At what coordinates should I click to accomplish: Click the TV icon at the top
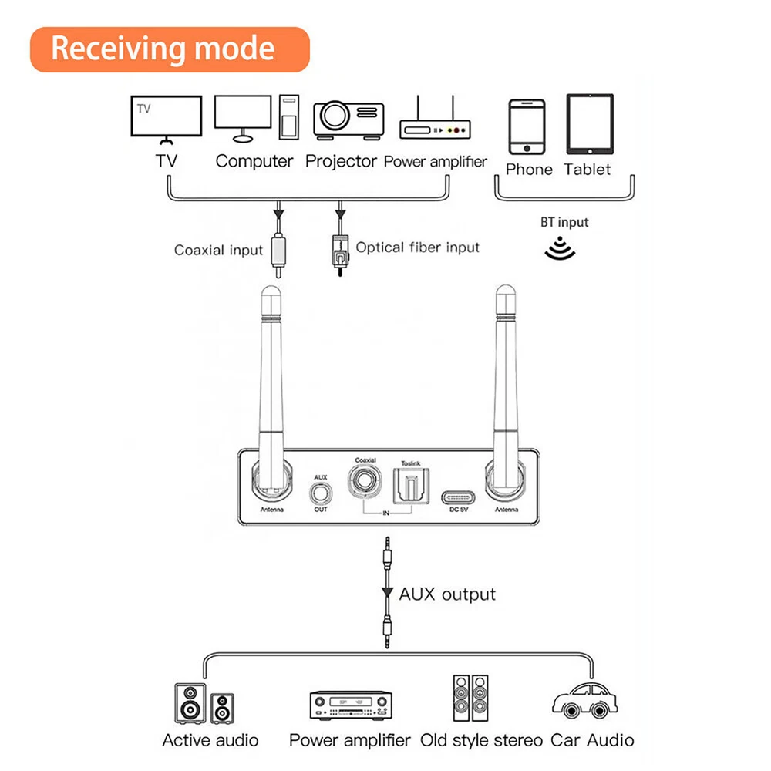(167, 120)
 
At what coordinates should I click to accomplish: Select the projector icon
(348, 119)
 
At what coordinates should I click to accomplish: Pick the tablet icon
(590, 123)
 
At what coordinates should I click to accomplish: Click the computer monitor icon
(243, 118)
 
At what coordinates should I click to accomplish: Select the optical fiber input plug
(337, 248)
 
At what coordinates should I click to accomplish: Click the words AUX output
(447, 594)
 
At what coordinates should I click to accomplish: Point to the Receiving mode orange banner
(170, 49)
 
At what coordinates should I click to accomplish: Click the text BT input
(564, 222)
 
